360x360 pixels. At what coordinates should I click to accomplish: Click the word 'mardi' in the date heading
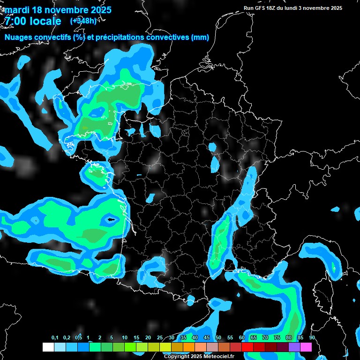(x=17, y=10)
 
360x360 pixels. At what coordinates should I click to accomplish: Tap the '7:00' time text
(x=16, y=21)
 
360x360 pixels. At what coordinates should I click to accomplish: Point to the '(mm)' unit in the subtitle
(x=200, y=37)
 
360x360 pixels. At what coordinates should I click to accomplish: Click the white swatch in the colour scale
(x=48, y=347)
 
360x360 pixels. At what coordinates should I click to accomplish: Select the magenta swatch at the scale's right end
(x=306, y=347)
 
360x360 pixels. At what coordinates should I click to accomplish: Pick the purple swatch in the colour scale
(x=294, y=347)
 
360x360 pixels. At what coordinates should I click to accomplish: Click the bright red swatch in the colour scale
(x=247, y=347)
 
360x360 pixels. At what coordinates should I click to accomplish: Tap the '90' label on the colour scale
(x=312, y=337)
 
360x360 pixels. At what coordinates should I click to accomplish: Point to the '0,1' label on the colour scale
(x=55, y=337)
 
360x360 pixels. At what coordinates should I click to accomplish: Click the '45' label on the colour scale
(x=207, y=337)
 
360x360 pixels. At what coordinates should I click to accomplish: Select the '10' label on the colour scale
(x=124, y=337)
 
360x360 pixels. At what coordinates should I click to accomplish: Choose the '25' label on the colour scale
(x=160, y=337)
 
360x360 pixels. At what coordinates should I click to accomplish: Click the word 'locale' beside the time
(x=45, y=21)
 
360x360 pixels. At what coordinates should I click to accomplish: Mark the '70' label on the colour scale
(x=265, y=337)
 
